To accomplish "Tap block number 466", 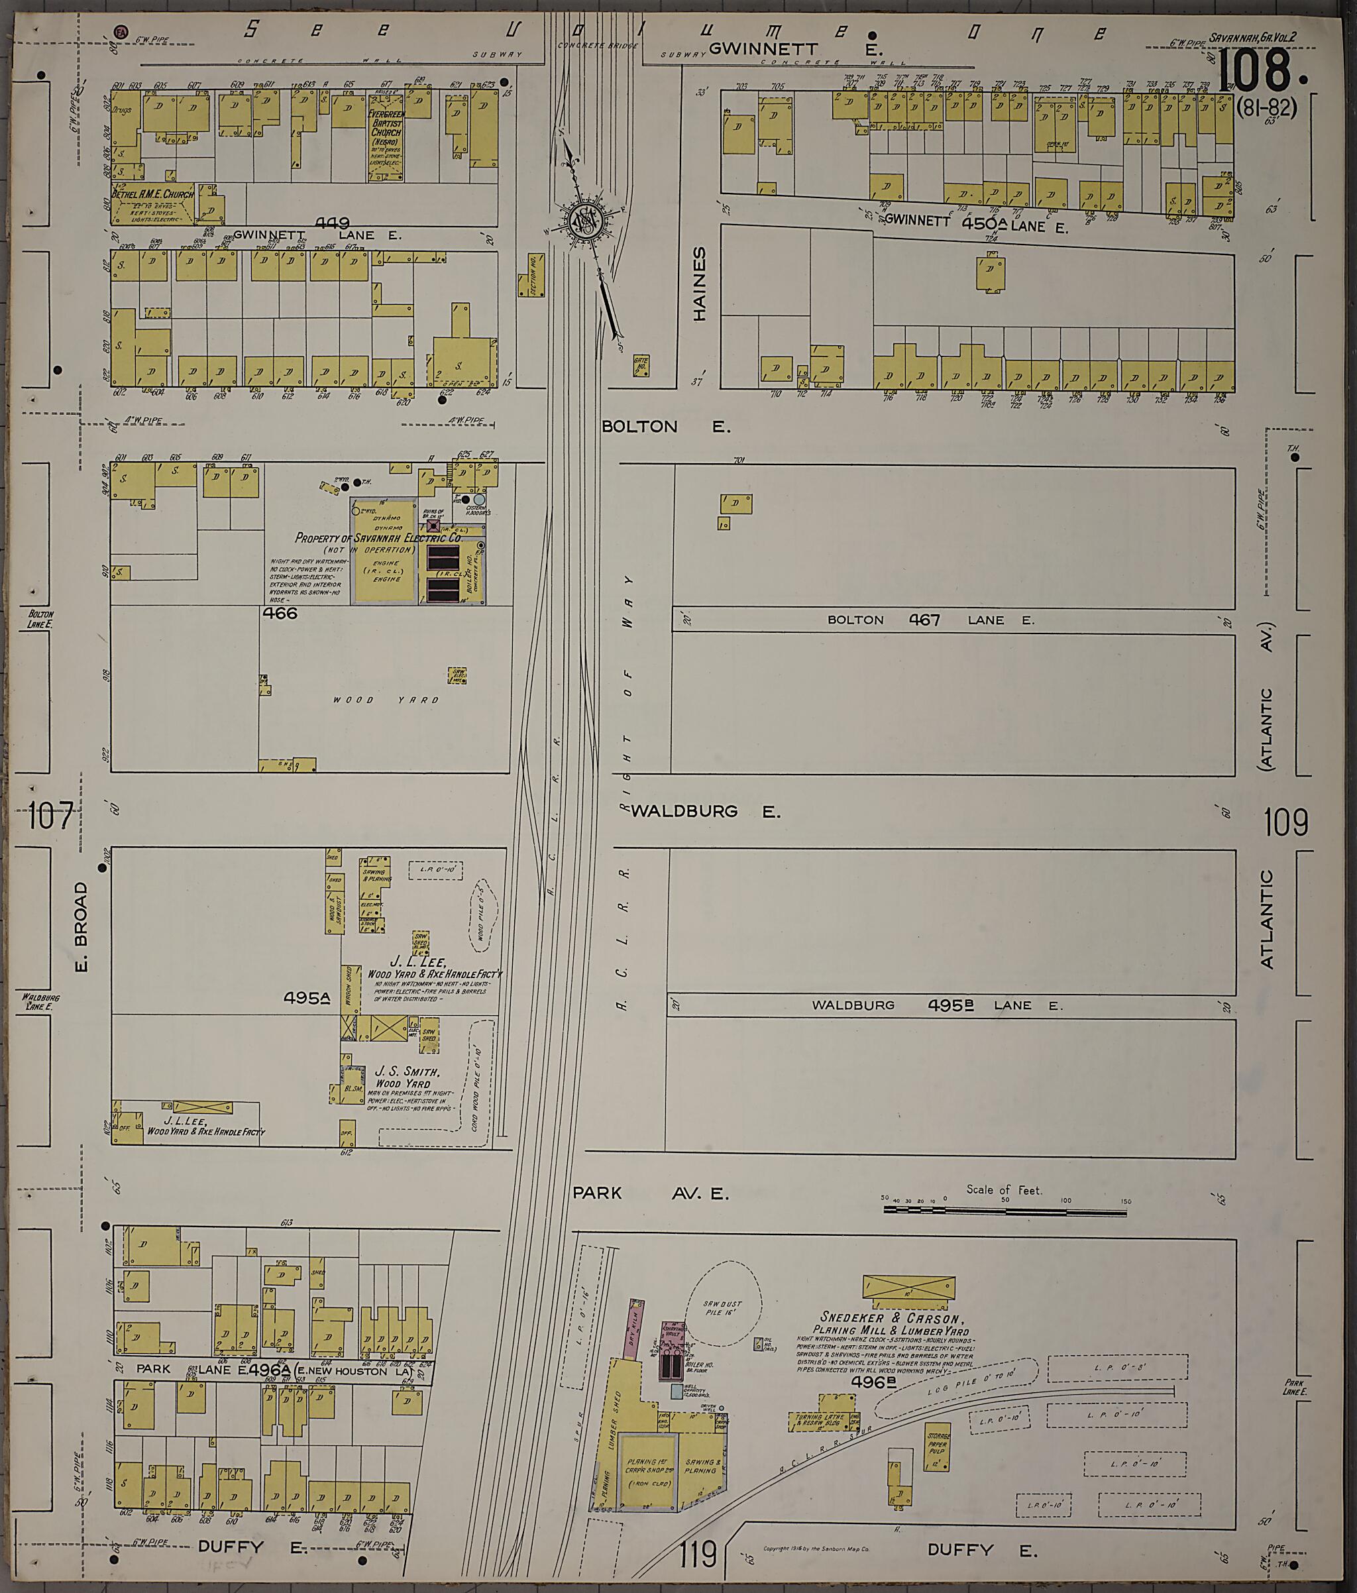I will [279, 614].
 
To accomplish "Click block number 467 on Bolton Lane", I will [924, 620].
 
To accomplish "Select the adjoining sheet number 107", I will [52, 815].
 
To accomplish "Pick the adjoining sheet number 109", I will [1285, 822].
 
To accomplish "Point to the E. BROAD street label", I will [81, 926].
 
